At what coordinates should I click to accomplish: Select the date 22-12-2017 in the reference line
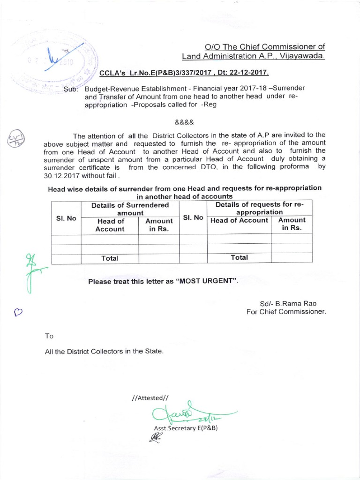click(x=251, y=74)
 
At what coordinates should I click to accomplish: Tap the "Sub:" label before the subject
click(x=73, y=89)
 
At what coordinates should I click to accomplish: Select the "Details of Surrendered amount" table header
click(x=130, y=209)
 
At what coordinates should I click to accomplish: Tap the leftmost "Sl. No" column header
click(x=66, y=218)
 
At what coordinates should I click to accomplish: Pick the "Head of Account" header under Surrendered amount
click(x=110, y=225)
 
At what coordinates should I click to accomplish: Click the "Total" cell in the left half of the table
click(x=110, y=258)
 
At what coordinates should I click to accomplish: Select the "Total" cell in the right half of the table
click(x=239, y=257)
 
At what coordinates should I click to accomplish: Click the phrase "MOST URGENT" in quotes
click(x=206, y=282)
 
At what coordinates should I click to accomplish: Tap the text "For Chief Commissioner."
click(x=286, y=312)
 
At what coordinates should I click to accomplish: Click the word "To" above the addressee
click(x=49, y=336)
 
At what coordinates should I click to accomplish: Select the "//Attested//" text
click(x=150, y=398)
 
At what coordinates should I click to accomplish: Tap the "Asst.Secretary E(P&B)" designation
click(x=186, y=428)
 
